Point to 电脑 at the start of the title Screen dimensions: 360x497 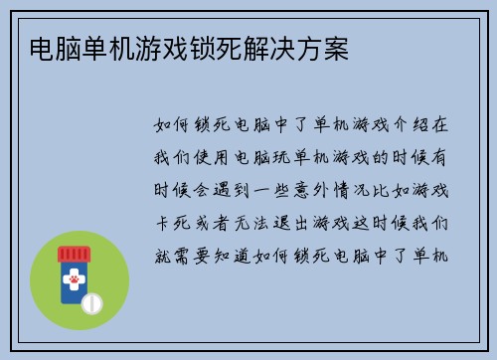tap(44, 48)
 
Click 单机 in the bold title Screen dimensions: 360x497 tap(96, 48)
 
